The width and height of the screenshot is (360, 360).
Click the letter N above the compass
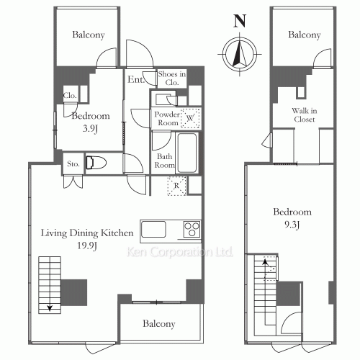[240, 21]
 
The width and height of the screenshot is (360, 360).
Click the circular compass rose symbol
[240, 55]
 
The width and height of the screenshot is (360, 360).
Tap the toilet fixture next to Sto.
[96, 163]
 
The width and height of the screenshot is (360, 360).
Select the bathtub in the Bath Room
[187, 153]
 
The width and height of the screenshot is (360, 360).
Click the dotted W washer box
[190, 118]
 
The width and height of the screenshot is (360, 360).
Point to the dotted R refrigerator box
[176, 186]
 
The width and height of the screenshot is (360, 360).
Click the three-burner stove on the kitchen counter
[192, 230]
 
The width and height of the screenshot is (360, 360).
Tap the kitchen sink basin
[153, 230]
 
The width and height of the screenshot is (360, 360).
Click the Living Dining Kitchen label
[87, 233]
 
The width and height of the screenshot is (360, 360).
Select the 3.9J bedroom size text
[90, 129]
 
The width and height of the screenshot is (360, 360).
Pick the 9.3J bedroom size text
[292, 225]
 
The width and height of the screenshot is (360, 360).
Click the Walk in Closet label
[305, 115]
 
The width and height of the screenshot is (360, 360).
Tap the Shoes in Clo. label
[172, 78]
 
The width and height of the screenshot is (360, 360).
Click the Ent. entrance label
[136, 79]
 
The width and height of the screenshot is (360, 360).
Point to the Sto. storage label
[73, 164]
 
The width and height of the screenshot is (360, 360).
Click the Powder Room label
[167, 119]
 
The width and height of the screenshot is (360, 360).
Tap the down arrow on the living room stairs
[50, 307]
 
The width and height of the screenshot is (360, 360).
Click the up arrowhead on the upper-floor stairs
[265, 261]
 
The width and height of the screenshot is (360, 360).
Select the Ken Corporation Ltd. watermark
[179, 252]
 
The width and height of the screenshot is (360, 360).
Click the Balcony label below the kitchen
[159, 324]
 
